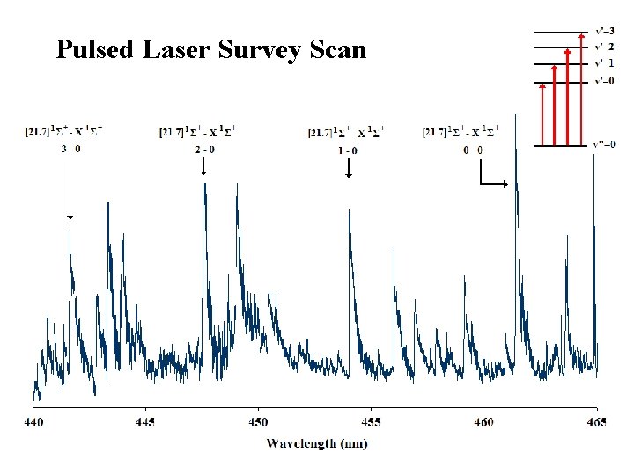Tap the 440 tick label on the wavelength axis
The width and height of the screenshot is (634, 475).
(33, 423)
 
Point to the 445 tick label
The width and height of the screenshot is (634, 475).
(145, 423)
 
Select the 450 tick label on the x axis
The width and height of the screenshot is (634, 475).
(258, 423)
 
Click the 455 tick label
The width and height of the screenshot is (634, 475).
(371, 423)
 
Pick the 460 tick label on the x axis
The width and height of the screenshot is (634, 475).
(483, 423)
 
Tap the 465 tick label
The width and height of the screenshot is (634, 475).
(596, 423)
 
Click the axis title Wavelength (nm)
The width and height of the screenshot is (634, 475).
(317, 443)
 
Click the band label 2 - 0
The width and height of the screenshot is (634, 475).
(203, 149)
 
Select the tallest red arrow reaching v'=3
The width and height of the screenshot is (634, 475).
(580, 88)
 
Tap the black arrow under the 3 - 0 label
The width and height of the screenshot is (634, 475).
(70, 189)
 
